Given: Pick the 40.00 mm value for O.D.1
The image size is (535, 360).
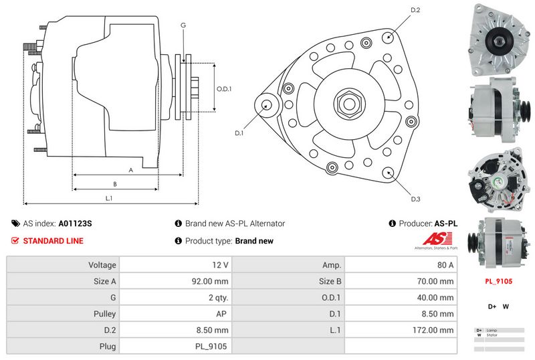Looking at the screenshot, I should [x=435, y=297].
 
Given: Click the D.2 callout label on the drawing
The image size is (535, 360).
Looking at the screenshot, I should [x=415, y=10].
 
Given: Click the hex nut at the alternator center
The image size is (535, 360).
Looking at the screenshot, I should [x=350, y=104].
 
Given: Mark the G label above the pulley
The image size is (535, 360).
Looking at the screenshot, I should [x=183, y=25].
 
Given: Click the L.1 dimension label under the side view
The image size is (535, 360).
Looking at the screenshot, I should [x=108, y=198].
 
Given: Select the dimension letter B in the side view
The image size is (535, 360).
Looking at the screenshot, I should [x=115, y=184].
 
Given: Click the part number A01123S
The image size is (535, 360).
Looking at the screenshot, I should [x=76, y=223].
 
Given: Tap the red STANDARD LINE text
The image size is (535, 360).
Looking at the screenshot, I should [x=53, y=241].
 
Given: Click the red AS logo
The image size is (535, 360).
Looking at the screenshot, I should [x=437, y=239].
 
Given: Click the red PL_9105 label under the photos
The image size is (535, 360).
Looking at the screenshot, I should [x=498, y=282].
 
